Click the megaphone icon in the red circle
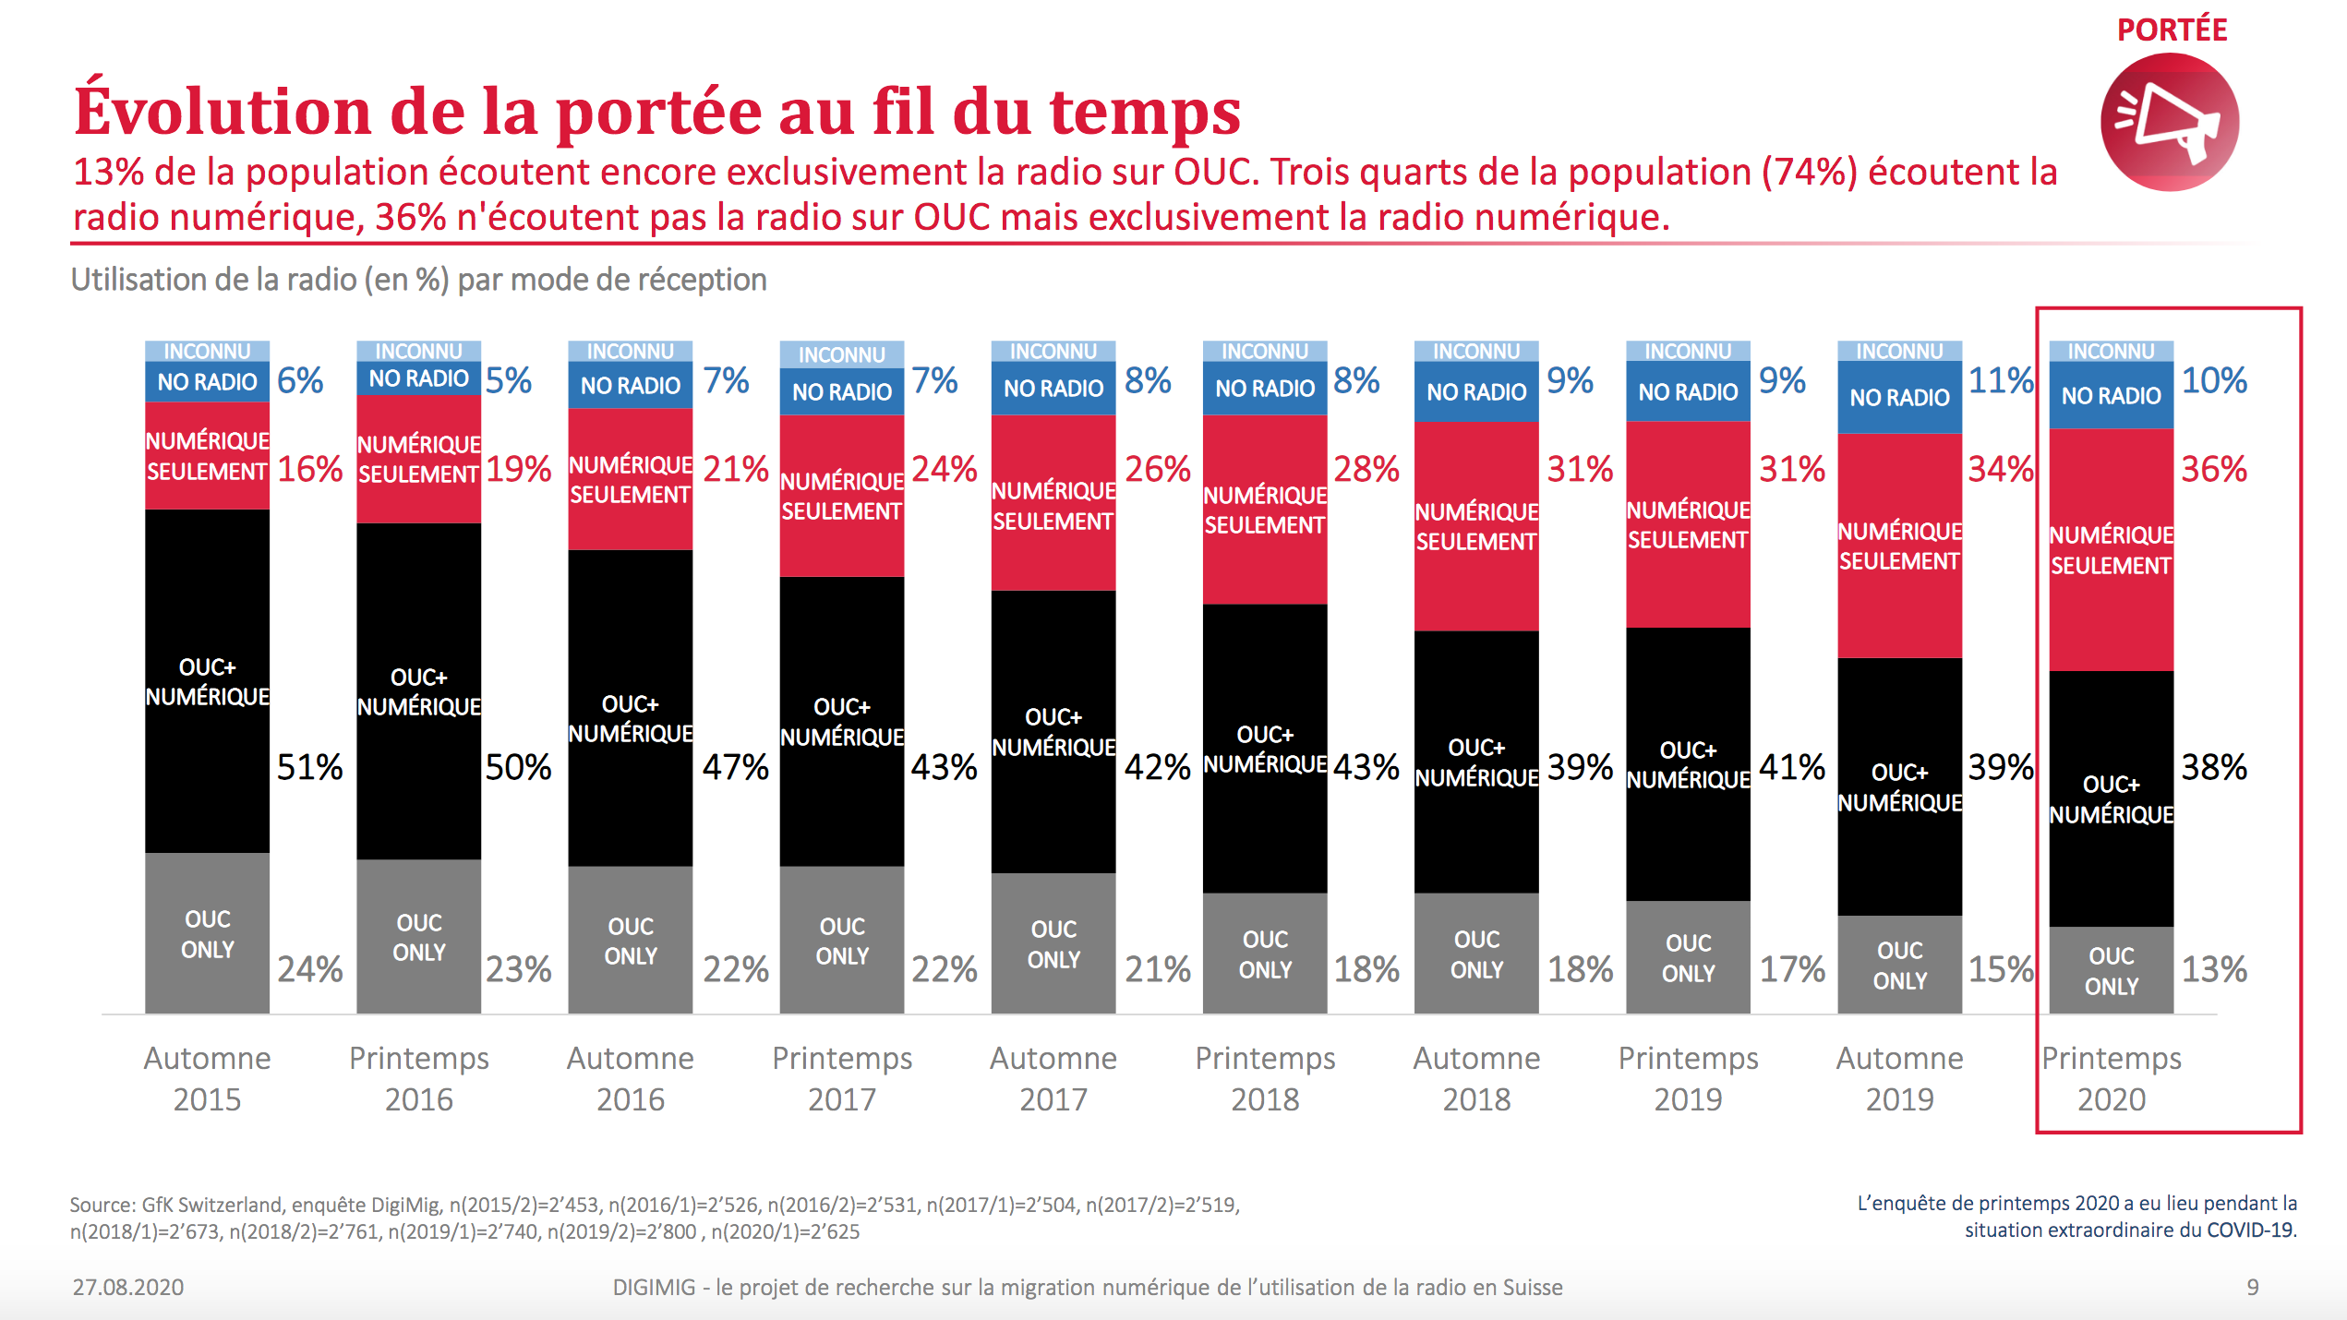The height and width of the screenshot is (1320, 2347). click(x=2169, y=123)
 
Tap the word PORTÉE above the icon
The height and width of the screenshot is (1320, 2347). click(x=2172, y=30)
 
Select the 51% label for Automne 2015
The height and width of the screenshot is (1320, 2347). click(x=309, y=767)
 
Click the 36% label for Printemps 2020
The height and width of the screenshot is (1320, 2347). click(x=2213, y=469)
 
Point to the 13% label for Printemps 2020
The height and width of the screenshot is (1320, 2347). click(x=2213, y=969)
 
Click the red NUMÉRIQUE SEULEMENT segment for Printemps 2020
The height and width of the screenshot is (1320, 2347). click(x=2111, y=550)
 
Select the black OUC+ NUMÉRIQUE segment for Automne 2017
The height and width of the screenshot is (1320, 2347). click(x=1053, y=732)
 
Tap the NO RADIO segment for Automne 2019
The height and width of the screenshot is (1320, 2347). click(x=1899, y=398)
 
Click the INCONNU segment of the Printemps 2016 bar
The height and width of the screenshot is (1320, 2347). click(x=418, y=352)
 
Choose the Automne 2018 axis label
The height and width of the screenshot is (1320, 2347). click(x=1476, y=1078)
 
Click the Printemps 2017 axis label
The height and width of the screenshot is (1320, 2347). click(x=842, y=1078)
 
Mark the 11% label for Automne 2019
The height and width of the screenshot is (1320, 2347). click(x=2000, y=380)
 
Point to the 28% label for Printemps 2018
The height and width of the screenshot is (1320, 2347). click(x=1366, y=469)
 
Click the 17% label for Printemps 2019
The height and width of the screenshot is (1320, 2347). click(x=1791, y=969)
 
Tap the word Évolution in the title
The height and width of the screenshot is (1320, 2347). click(x=222, y=111)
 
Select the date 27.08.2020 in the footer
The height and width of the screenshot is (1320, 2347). click(x=128, y=1287)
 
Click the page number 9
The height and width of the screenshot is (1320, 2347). click(x=2252, y=1287)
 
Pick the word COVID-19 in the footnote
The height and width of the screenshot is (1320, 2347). click(x=2249, y=1230)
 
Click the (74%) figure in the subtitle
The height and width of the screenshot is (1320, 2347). click(x=1809, y=173)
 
